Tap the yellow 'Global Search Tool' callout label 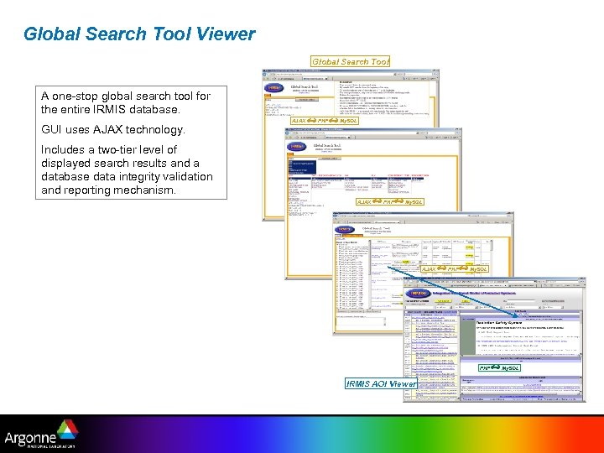point(351,61)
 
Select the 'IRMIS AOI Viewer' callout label point(381,383)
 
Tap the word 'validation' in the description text point(188,177)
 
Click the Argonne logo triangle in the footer point(67,427)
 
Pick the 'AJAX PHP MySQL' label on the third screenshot point(454,268)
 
